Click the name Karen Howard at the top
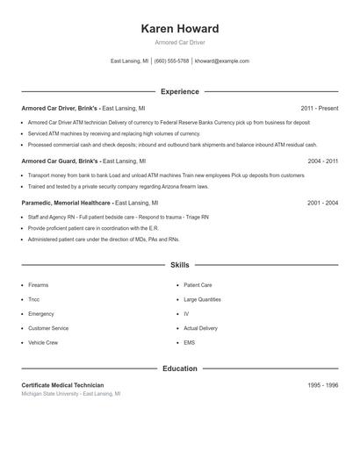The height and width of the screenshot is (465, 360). (x=180, y=28)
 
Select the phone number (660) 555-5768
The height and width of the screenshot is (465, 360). (x=172, y=61)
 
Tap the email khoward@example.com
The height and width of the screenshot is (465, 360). (x=222, y=61)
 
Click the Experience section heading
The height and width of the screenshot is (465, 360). (x=180, y=91)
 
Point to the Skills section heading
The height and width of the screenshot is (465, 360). (x=180, y=264)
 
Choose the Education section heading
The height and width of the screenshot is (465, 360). (x=180, y=368)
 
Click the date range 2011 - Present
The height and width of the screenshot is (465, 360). (x=319, y=108)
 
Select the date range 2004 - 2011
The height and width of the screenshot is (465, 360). (x=322, y=161)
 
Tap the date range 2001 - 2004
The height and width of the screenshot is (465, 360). (x=322, y=203)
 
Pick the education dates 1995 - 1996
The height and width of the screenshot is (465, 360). (x=322, y=385)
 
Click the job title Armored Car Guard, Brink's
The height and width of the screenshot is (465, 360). (x=60, y=161)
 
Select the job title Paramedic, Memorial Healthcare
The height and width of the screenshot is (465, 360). (x=66, y=203)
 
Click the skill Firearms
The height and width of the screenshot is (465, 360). (x=39, y=285)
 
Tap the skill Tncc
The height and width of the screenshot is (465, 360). (x=34, y=299)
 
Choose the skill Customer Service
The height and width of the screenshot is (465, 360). (x=48, y=328)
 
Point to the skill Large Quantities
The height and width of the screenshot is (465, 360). (x=202, y=299)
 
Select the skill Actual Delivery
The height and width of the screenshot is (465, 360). (x=200, y=328)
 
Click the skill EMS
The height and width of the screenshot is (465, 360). (x=189, y=342)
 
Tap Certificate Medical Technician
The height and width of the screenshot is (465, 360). (x=62, y=385)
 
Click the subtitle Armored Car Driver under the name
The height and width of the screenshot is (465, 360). (x=180, y=42)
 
